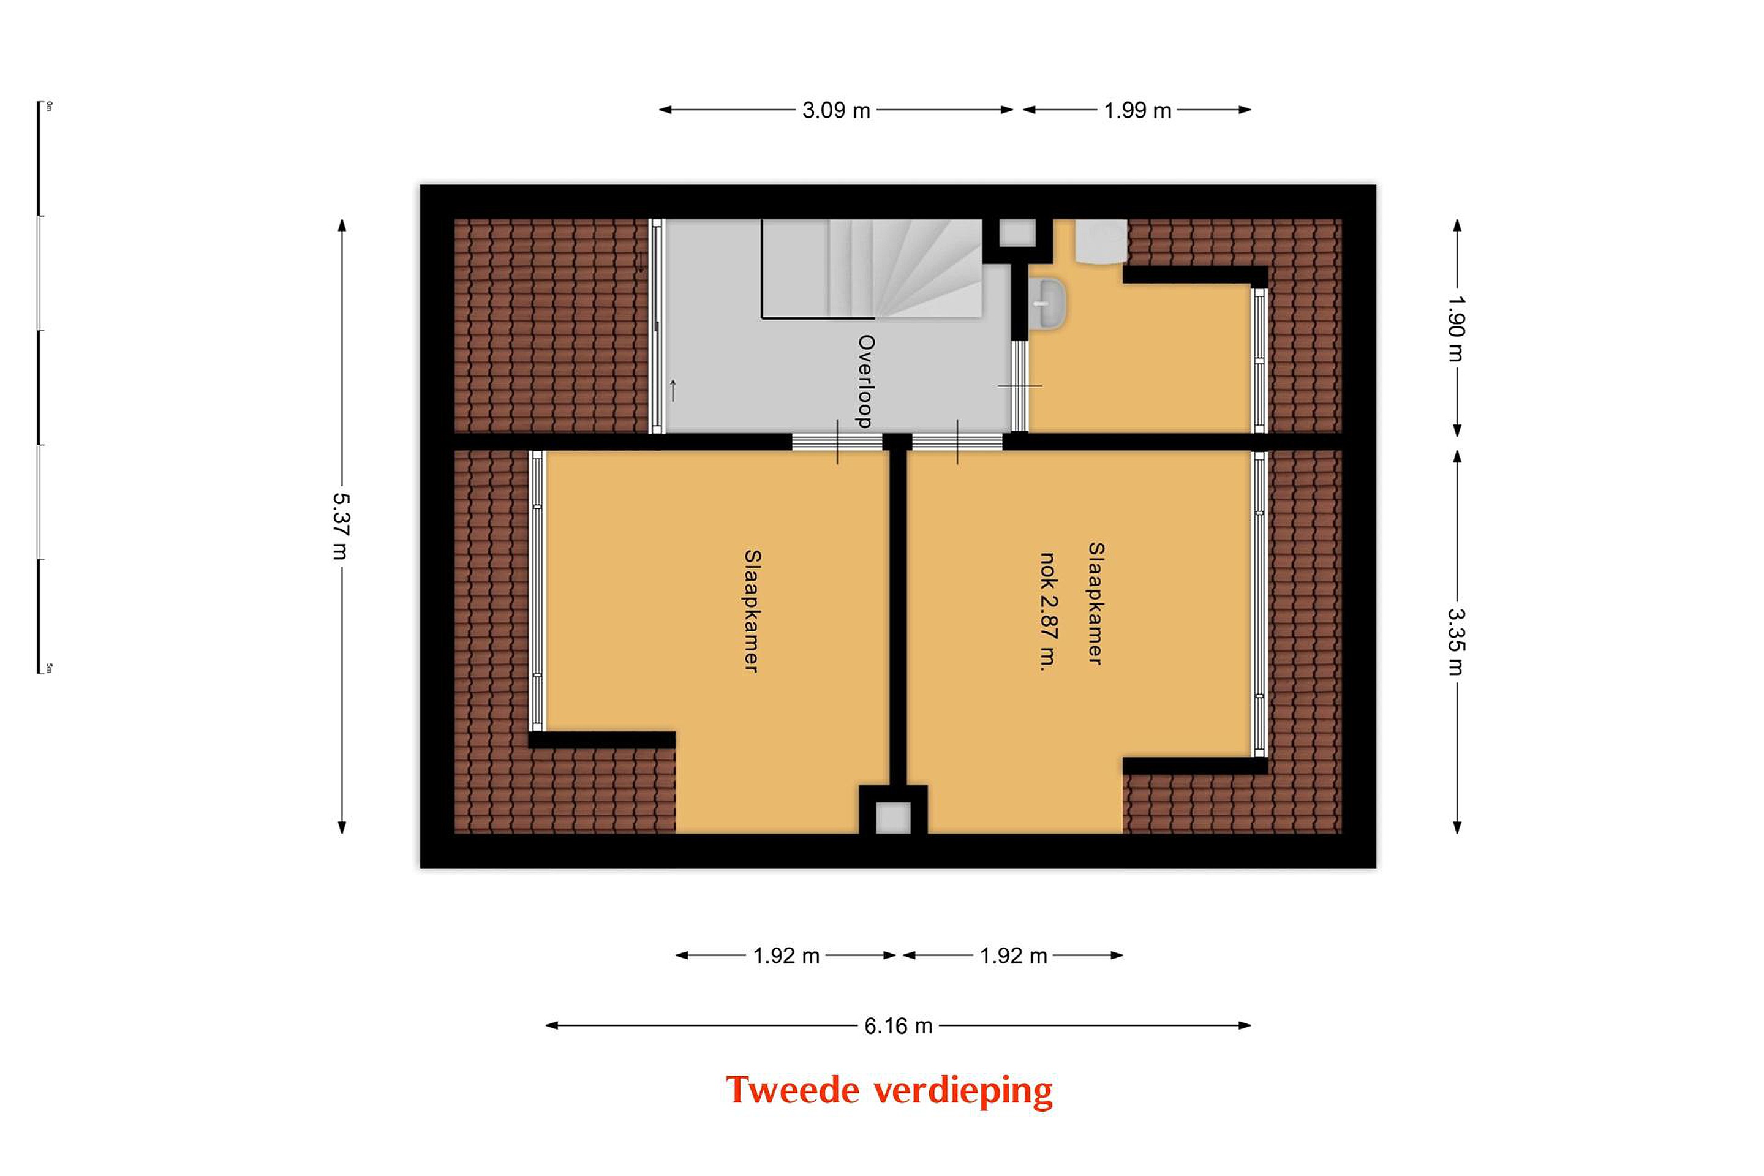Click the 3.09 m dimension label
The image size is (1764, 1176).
(x=835, y=110)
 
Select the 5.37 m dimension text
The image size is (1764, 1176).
(x=341, y=527)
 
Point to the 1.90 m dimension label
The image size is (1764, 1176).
(x=1456, y=328)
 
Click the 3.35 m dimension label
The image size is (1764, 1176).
(x=1456, y=641)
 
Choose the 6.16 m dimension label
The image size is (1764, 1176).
(x=898, y=1025)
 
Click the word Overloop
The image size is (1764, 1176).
(x=865, y=381)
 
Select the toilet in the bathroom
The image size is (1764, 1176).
(x=1100, y=241)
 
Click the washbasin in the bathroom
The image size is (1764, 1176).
(x=1046, y=304)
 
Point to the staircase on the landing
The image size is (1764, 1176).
(x=872, y=268)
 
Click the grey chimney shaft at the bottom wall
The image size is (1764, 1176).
(x=892, y=818)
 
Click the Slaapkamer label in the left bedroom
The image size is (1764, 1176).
(x=752, y=611)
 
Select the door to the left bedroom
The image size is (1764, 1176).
(x=837, y=442)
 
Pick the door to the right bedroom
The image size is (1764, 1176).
(x=957, y=442)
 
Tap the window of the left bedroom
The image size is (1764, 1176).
(x=537, y=591)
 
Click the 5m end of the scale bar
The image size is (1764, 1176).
(x=39, y=672)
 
